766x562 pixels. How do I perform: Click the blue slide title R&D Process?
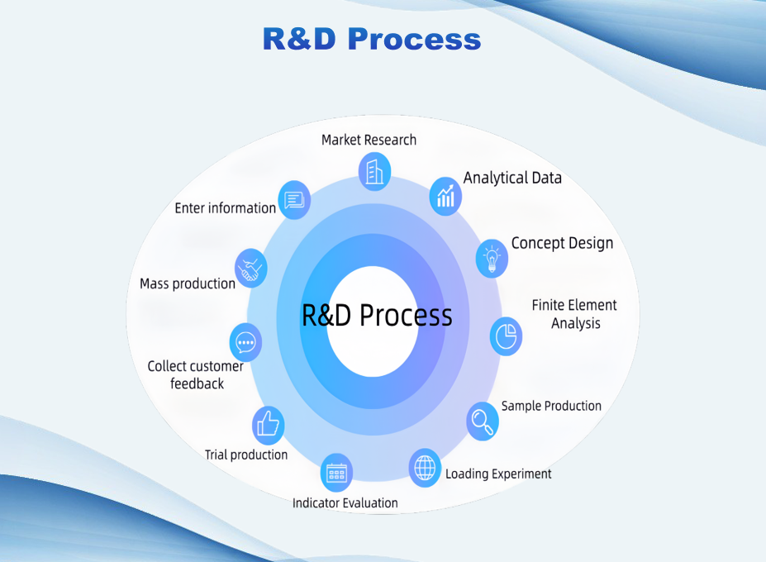click(x=371, y=39)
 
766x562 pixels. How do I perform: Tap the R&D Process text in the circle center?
click(x=377, y=316)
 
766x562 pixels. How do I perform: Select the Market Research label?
click(x=369, y=140)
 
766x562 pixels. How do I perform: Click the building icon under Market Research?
click(x=374, y=171)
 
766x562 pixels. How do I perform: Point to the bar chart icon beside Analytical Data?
click(x=446, y=196)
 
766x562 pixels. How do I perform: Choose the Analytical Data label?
click(x=512, y=178)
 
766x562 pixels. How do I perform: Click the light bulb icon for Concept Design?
click(x=492, y=258)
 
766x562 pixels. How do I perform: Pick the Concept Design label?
click(x=562, y=243)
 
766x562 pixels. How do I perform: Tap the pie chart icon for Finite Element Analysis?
click(x=506, y=336)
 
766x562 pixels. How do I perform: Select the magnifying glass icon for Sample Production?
click(x=482, y=421)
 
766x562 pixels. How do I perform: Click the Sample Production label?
click(x=551, y=406)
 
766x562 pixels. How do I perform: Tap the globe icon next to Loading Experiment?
click(x=425, y=468)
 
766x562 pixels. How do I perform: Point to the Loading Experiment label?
click(x=498, y=474)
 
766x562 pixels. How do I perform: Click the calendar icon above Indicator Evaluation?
click(x=336, y=474)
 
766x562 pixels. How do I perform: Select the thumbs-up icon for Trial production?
click(x=269, y=425)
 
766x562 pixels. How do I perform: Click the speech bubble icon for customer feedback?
click(x=245, y=342)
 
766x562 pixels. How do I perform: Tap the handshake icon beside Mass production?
click(x=251, y=269)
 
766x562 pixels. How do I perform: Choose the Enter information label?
click(x=225, y=208)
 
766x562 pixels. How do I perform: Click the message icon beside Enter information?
click(x=294, y=200)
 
